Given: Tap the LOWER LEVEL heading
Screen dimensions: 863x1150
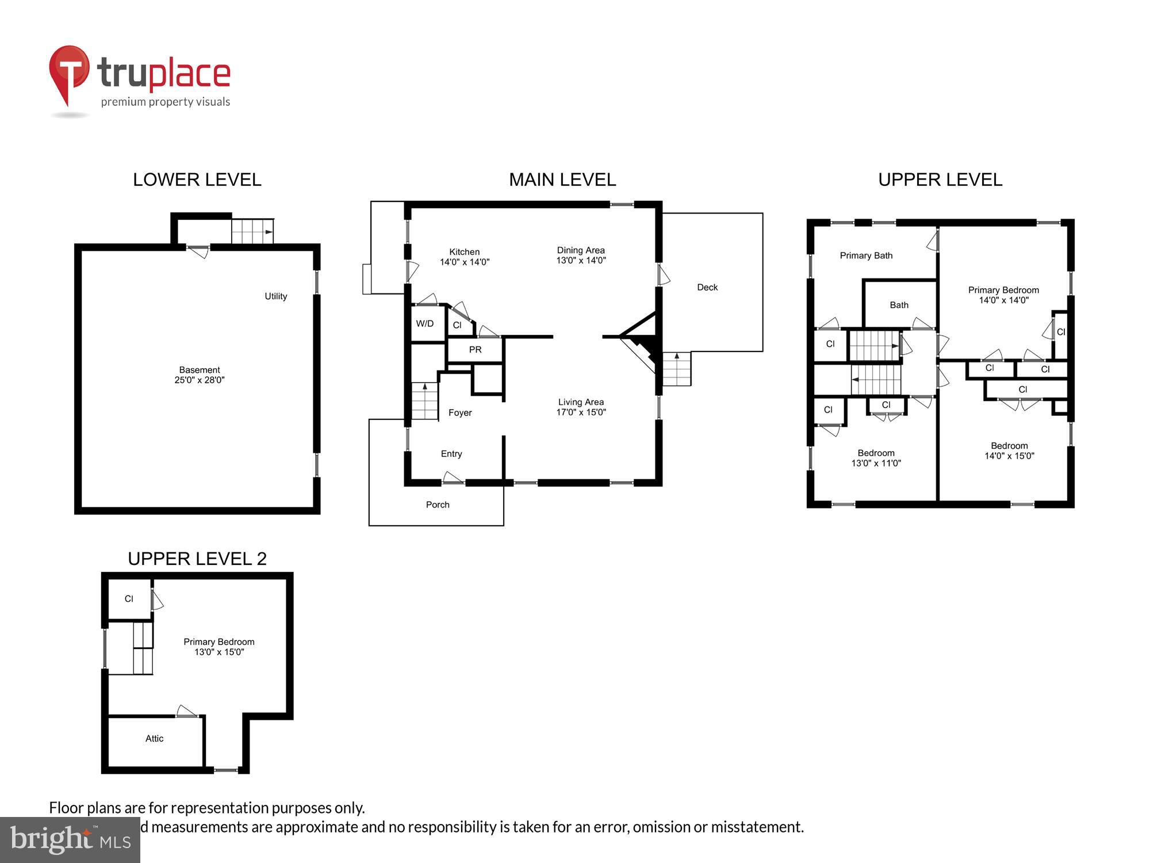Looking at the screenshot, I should pos(197,180).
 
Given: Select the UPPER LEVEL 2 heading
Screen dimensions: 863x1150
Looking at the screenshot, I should pos(197,559).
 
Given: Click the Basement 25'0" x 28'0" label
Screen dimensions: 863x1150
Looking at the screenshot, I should pos(200,375).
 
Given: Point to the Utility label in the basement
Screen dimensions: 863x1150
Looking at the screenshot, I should pos(275,296).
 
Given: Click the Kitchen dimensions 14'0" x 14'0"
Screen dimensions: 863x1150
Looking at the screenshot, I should pos(465,262).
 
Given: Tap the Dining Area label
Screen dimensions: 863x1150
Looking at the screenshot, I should pos(581,250).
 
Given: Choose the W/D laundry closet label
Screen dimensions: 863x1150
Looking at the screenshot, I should pos(425,324).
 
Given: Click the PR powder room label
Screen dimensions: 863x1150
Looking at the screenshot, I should pos(475,350).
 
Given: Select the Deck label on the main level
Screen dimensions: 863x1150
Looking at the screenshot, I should pos(707,287).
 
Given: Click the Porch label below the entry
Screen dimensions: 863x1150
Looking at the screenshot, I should pos(438,505).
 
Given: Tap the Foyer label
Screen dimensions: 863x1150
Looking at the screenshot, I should pos(460,413).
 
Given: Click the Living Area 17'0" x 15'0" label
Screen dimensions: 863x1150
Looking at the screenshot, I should pos(581,407).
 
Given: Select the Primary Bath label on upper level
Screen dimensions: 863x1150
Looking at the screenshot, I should pos(866,255).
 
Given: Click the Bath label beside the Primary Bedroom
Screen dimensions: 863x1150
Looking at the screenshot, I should pos(899,305).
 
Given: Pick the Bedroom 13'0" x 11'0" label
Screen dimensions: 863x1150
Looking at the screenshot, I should pos(876,458).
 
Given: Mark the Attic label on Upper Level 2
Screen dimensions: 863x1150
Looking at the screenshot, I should pos(154,739).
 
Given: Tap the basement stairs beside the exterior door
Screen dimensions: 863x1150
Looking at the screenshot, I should pos(252,231).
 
